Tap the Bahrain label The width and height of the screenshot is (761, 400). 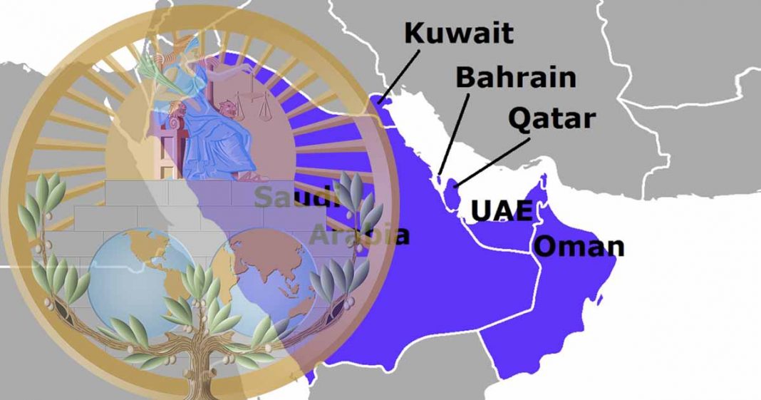[516, 78]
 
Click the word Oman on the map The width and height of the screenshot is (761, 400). [579, 247]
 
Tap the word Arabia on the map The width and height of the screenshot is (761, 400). [360, 234]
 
